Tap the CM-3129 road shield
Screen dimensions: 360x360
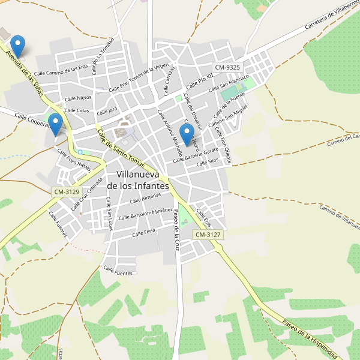click(x=67, y=191)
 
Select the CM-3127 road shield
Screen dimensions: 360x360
click(x=208, y=235)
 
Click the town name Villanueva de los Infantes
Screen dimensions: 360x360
click(x=143, y=179)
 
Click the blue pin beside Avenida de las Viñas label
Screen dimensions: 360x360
click(x=19, y=46)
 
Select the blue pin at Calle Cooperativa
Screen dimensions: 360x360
click(x=56, y=124)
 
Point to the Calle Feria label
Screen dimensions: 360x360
click(x=143, y=232)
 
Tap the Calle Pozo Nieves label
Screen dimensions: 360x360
click(x=74, y=160)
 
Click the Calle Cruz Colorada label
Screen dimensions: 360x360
click(x=83, y=197)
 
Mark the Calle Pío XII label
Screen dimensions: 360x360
click(x=199, y=80)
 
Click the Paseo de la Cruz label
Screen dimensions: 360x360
click(x=176, y=232)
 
